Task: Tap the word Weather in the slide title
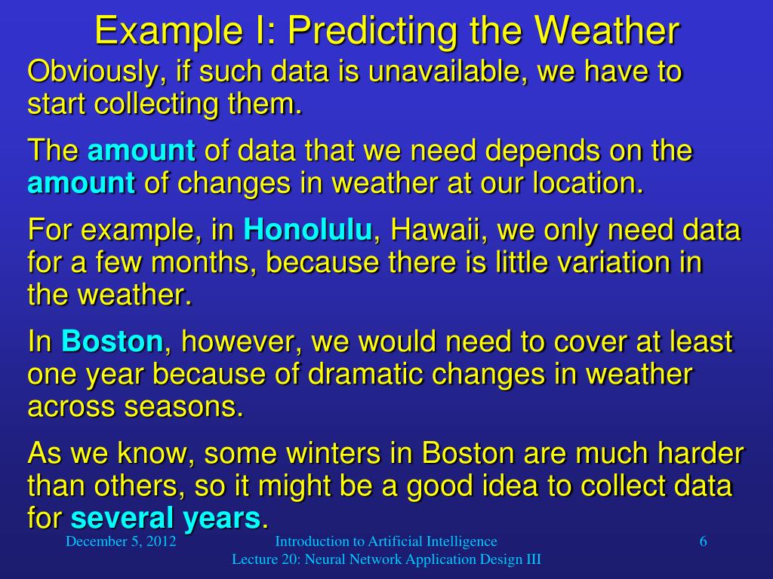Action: [607, 32]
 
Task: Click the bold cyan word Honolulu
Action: [308, 229]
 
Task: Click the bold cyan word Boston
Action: [112, 342]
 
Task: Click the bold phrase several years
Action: [165, 519]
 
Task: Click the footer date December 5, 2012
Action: [121, 541]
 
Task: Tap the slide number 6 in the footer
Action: [703, 541]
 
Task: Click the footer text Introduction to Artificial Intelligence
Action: [386, 541]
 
